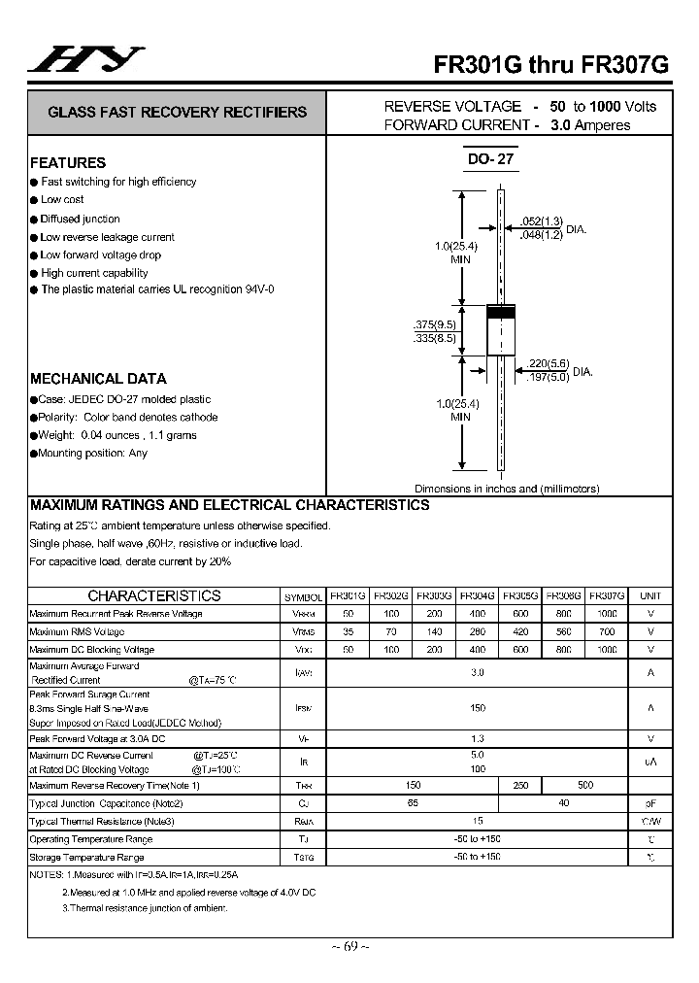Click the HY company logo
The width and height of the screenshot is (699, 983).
click(85, 60)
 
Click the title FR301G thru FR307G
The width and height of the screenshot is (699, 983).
click(550, 64)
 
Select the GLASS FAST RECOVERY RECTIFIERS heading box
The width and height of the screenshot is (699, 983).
click(177, 112)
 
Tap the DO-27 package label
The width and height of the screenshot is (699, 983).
click(490, 159)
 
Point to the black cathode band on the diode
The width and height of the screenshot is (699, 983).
click(499, 313)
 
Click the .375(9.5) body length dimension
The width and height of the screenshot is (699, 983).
click(434, 324)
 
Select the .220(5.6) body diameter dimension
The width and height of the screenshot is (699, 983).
click(547, 364)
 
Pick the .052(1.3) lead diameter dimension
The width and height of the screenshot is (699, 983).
click(541, 221)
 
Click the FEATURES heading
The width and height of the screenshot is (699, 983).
click(68, 163)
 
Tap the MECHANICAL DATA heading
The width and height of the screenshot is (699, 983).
click(98, 379)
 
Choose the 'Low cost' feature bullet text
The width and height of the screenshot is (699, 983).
click(62, 200)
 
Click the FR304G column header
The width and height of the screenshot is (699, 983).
click(477, 595)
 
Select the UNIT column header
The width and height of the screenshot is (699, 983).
click(650, 595)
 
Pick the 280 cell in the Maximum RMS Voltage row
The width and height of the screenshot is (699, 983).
click(477, 631)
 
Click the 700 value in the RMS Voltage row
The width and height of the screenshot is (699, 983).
click(607, 631)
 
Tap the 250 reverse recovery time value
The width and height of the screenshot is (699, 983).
click(520, 785)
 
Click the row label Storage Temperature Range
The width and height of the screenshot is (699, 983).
click(86, 858)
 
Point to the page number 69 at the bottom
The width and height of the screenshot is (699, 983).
click(349, 947)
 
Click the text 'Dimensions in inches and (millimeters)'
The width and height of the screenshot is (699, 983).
click(507, 489)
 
